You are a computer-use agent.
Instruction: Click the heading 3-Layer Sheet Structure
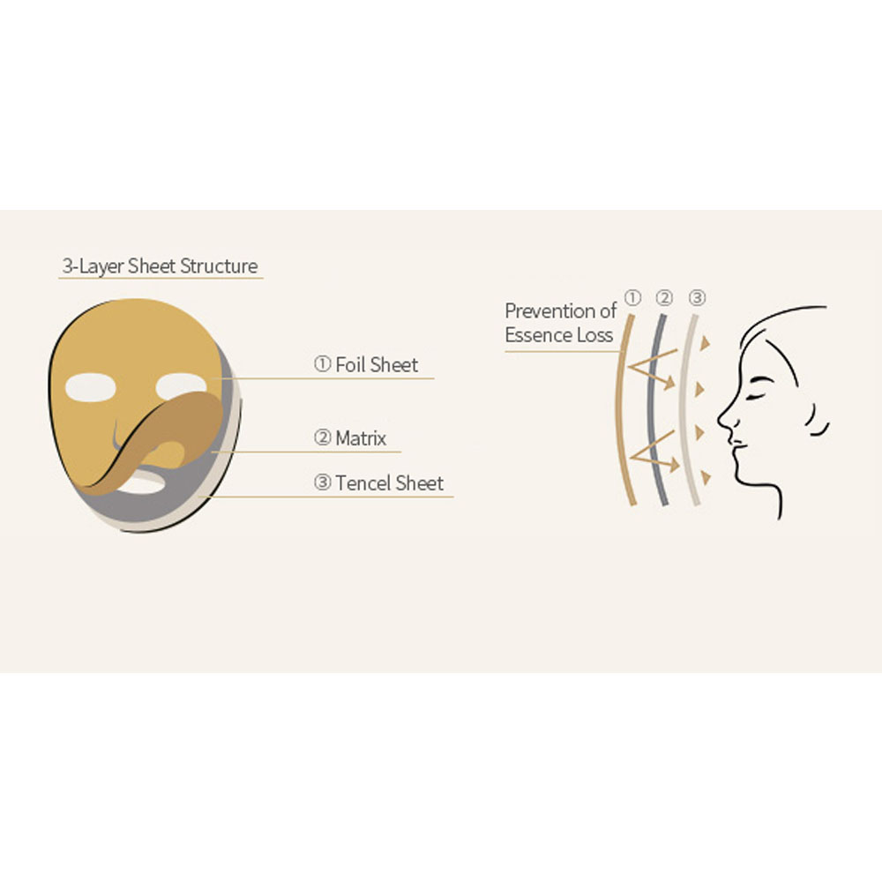click(x=161, y=266)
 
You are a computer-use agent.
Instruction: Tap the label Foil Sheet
click(x=377, y=365)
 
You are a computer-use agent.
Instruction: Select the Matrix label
click(x=361, y=438)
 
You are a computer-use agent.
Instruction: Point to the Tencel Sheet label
click(x=390, y=483)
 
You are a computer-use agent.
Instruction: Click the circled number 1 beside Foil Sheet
click(x=322, y=364)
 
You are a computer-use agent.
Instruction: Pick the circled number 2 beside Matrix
click(x=322, y=437)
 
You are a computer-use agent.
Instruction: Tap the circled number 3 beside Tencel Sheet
click(x=322, y=482)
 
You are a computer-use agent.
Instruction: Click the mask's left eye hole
click(x=91, y=387)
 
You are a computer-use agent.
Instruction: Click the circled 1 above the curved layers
click(x=632, y=297)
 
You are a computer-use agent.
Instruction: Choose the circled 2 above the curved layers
click(x=664, y=297)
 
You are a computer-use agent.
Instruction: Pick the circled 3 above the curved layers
click(x=697, y=297)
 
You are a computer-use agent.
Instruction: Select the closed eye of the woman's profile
click(x=757, y=396)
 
